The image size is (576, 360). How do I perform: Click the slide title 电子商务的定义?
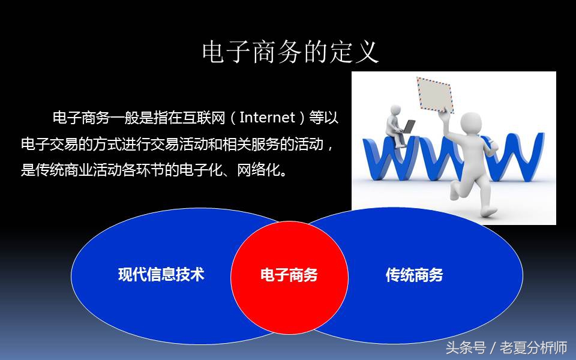291,52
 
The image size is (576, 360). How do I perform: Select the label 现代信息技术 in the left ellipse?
161,275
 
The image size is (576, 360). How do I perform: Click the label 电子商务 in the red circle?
289,275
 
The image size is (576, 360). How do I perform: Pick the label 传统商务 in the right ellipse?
414,275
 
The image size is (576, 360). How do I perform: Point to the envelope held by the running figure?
435,94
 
